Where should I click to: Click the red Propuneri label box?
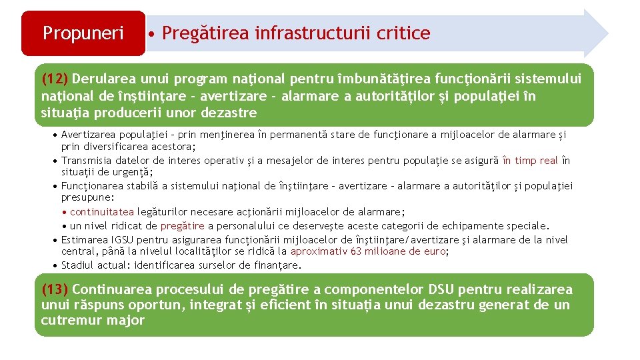[83, 33]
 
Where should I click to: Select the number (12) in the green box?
[54, 79]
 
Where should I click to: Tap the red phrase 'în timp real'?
[530, 160]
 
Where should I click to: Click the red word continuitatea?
[102, 212]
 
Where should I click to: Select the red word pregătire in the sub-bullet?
[182, 225]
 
